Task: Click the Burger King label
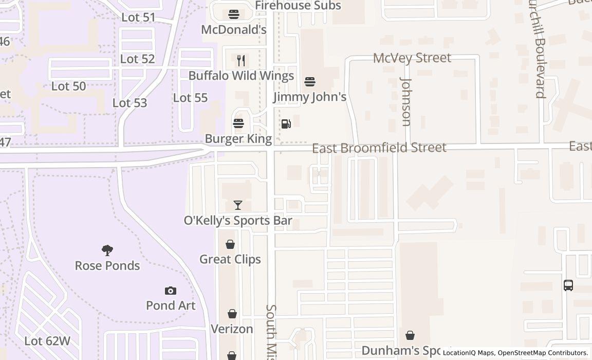click(238, 139)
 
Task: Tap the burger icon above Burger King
click(238, 123)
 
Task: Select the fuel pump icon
click(286, 123)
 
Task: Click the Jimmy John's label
click(310, 97)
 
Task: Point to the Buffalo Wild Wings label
click(241, 76)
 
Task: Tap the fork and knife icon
click(241, 61)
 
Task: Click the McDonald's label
click(234, 29)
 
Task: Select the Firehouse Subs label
click(298, 6)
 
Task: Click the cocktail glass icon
click(237, 205)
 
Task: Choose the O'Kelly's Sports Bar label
click(238, 221)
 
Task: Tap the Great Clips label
click(230, 259)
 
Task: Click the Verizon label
click(232, 329)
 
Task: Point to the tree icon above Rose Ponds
click(107, 250)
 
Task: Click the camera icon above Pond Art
click(171, 291)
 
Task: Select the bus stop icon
click(568, 285)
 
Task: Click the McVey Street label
click(412, 58)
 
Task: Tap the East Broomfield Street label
click(379, 148)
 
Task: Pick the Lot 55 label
click(190, 98)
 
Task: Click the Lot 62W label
click(47, 341)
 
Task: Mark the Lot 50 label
click(68, 86)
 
